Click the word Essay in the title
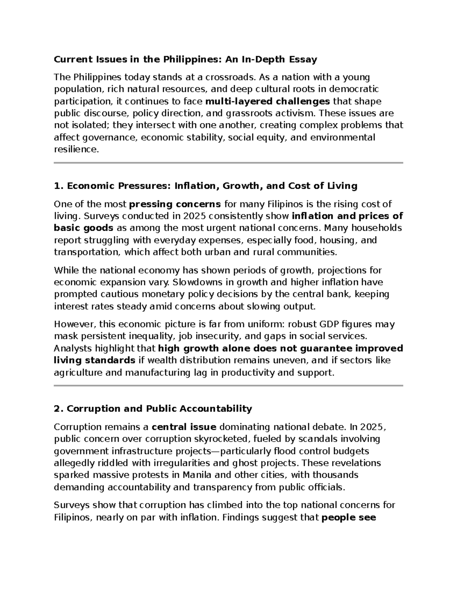303,59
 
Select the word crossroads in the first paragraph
229,77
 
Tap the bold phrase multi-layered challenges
267,101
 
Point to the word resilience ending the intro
76,149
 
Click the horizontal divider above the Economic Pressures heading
228,163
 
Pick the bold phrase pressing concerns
175,204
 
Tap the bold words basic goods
83,228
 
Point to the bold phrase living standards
94,361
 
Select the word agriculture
78,373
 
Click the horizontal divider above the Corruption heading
228,385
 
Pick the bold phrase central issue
184,427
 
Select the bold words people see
349,518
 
